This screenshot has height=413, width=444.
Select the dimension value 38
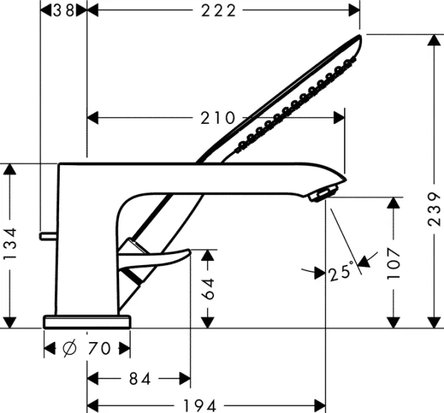64,10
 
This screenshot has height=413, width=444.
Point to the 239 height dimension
433,214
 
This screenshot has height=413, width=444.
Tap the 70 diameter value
99,349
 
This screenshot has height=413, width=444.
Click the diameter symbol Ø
70,349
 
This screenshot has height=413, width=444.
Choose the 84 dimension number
138,378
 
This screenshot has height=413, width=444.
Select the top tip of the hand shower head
358,39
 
